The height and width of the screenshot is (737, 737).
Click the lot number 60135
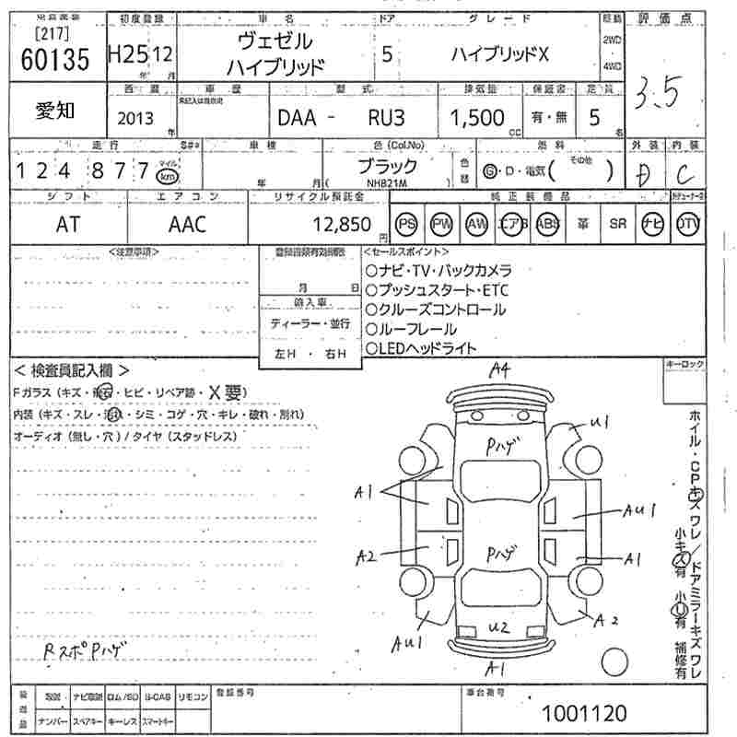[x=54, y=59]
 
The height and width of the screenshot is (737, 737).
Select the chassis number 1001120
[x=584, y=712]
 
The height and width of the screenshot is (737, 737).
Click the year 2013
[x=136, y=119]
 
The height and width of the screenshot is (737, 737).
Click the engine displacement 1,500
[x=477, y=118]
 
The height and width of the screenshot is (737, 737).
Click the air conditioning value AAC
[x=187, y=224]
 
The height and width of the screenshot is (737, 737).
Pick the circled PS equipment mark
[x=406, y=224]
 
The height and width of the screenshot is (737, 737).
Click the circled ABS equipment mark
[x=548, y=224]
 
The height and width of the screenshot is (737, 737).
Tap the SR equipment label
[x=618, y=224]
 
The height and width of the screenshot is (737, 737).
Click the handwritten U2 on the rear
[x=498, y=627]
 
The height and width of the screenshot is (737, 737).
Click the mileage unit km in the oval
[x=167, y=176]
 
